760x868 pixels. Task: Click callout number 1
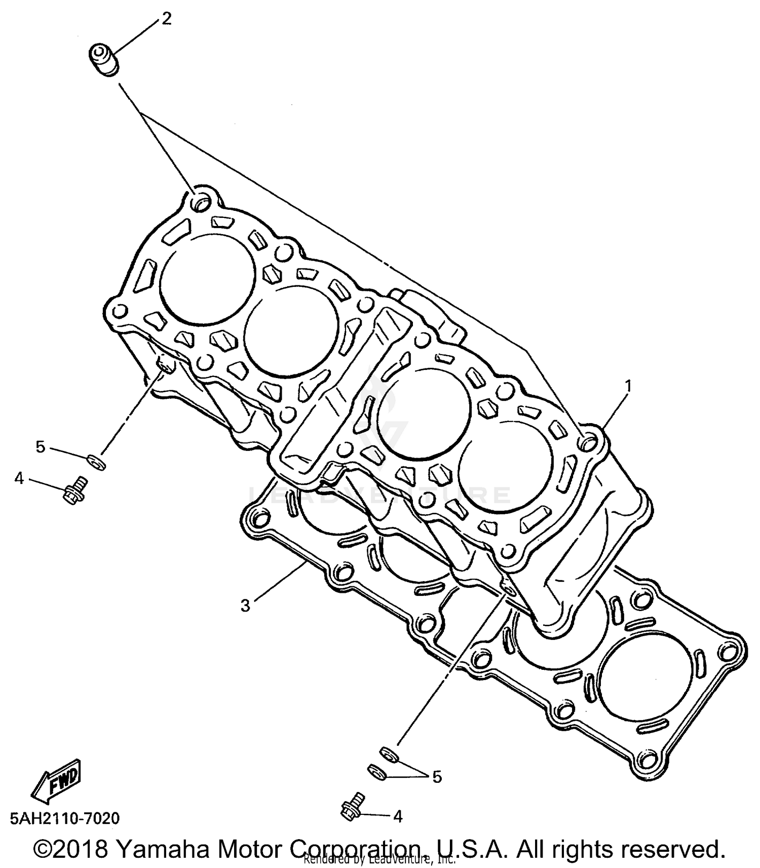tap(628, 387)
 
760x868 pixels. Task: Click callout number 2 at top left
tap(166, 19)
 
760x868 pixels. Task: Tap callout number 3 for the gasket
tap(245, 606)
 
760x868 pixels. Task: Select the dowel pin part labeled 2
tap(104, 60)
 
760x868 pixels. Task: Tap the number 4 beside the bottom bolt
tap(398, 816)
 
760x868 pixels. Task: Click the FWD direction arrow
tap(56, 782)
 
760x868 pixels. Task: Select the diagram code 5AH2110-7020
tap(64, 818)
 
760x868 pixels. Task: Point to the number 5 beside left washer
tap(41, 447)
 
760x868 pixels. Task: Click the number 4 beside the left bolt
tap(19, 478)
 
